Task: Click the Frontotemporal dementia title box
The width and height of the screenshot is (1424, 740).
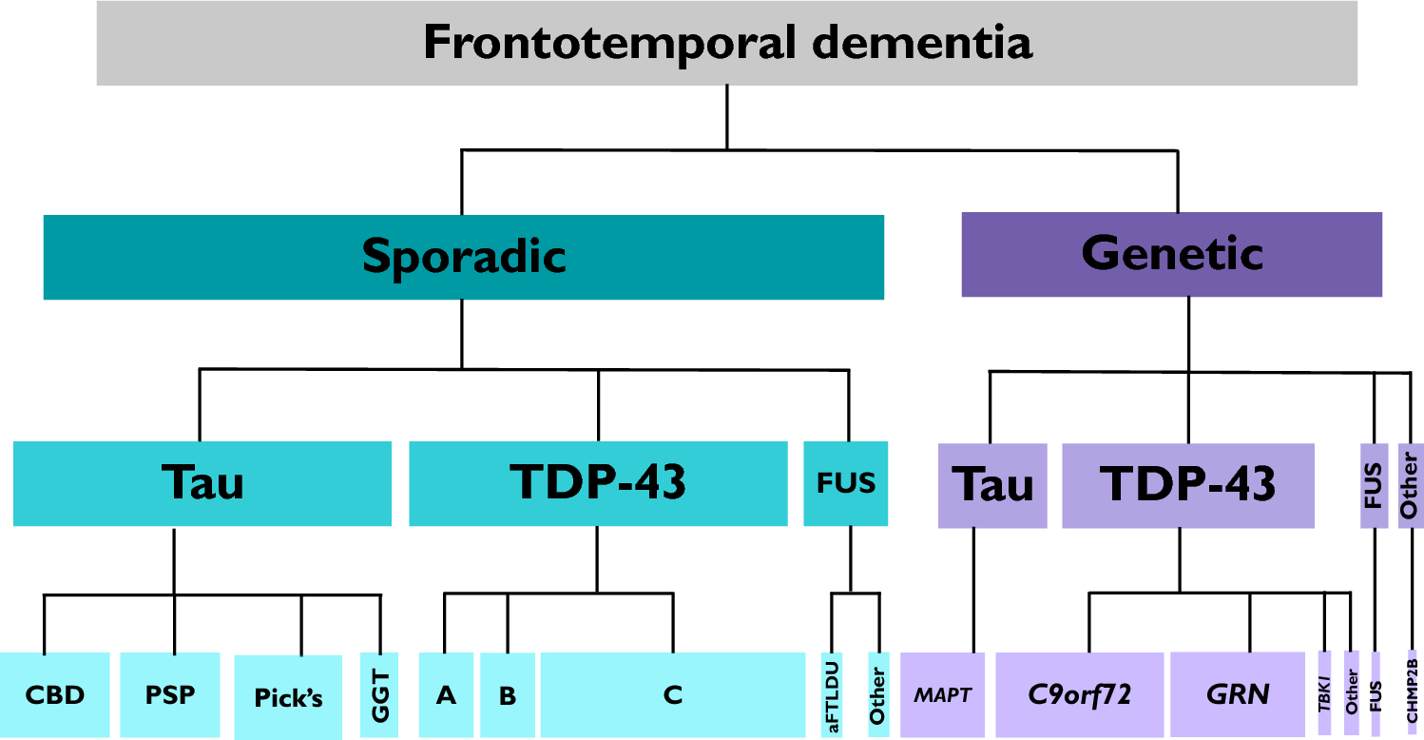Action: (x=726, y=44)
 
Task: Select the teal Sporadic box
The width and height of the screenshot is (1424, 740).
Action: (x=464, y=257)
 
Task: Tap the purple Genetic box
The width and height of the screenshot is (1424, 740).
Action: (x=1171, y=254)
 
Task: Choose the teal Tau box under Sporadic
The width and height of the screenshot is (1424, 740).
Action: (x=202, y=483)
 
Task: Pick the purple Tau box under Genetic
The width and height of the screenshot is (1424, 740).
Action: (x=991, y=485)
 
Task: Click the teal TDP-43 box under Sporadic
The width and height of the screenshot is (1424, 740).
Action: (x=598, y=483)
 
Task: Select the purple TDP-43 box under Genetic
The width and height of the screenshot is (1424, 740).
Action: (x=1187, y=485)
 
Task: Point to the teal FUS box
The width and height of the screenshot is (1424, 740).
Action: (x=845, y=483)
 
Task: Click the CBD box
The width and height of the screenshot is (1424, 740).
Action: (x=55, y=695)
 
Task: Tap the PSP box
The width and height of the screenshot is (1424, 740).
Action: (x=170, y=695)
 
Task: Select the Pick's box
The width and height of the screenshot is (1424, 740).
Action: (x=288, y=697)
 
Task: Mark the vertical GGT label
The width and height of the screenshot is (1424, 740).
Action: (x=378, y=695)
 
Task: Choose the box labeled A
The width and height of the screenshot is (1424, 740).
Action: (x=446, y=695)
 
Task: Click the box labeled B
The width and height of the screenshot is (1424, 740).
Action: (x=508, y=695)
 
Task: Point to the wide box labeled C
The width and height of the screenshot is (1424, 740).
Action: (x=673, y=695)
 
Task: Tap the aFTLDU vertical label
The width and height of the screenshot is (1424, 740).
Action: (x=832, y=695)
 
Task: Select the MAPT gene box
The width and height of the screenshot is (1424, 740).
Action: (x=943, y=695)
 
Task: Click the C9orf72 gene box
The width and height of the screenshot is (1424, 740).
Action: (x=1079, y=695)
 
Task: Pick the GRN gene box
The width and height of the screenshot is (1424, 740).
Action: (x=1237, y=695)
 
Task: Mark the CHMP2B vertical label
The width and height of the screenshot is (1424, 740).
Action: (x=1411, y=690)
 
